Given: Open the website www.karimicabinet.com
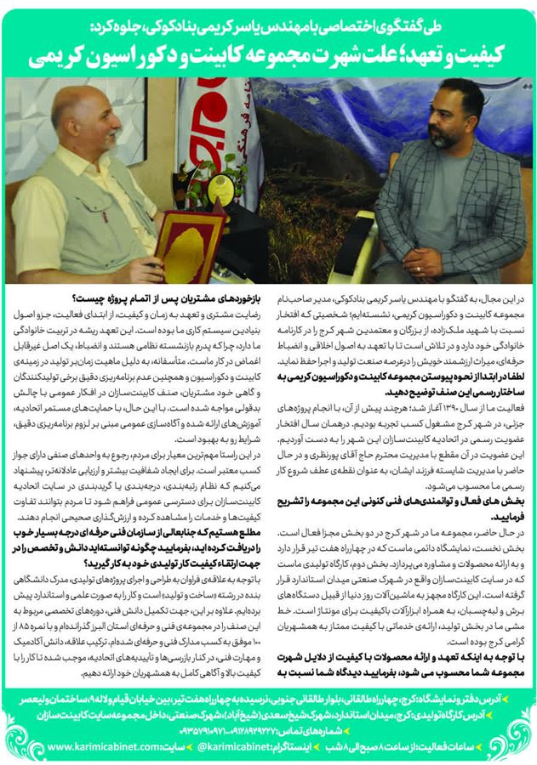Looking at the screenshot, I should coord(102,749).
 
